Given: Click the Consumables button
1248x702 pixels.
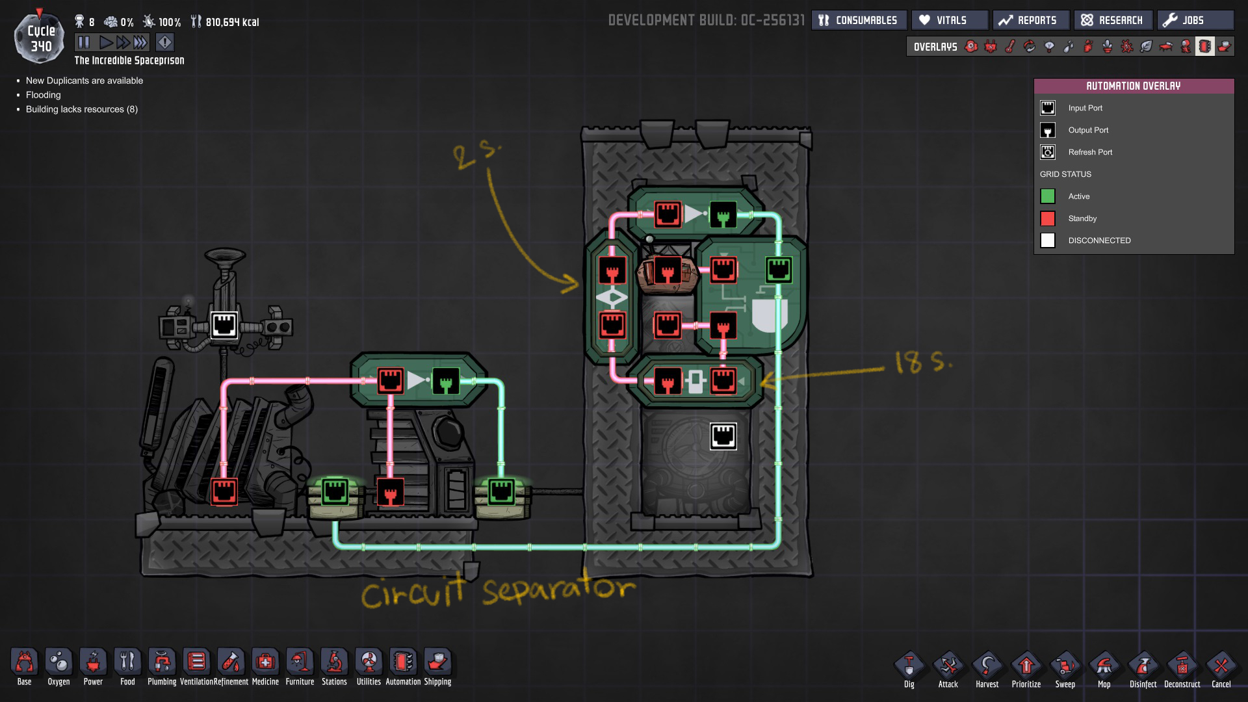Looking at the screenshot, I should point(858,20).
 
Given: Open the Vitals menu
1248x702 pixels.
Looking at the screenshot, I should point(949,20).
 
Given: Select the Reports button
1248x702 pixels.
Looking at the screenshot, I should point(1030,20).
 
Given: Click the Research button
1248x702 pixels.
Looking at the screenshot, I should point(1112,20).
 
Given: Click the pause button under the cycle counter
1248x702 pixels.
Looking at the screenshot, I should point(84,43).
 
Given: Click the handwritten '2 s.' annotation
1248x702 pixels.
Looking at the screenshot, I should point(476,155).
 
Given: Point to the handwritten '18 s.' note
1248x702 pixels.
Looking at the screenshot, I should point(923,361).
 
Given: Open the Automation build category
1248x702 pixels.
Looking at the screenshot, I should point(403,667).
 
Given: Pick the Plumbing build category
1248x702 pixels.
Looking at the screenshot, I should point(162,667).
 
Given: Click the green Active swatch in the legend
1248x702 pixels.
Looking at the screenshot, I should point(1048,196).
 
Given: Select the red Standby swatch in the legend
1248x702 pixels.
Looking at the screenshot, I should point(1048,218).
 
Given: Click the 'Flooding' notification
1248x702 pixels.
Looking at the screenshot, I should point(44,95).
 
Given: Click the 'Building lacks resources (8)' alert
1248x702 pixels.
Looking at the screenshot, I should point(82,109).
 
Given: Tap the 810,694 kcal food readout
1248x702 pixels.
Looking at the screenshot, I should point(231,22).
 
